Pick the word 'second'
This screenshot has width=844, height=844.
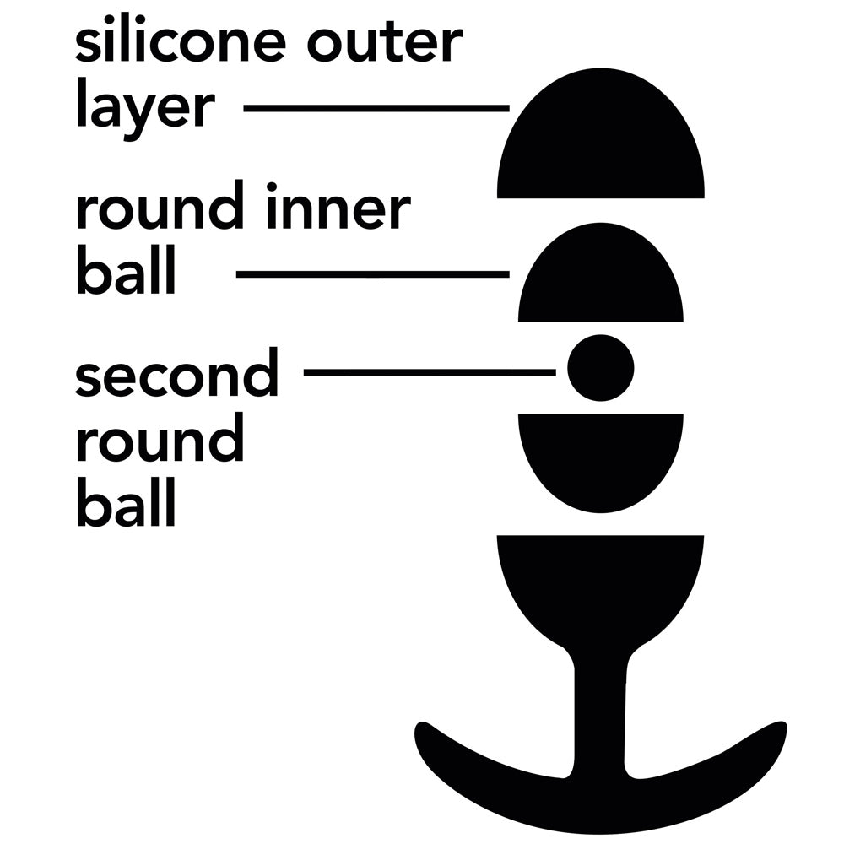pos(176,376)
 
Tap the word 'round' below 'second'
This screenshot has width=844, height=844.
pos(160,441)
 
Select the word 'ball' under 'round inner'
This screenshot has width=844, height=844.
pos(126,274)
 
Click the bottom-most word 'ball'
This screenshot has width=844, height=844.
pos(126,506)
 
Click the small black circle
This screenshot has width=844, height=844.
pos(600,368)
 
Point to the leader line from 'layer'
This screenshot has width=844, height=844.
pos(376,108)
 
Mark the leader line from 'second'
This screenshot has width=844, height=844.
pos(429,371)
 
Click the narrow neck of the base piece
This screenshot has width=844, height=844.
pos(600,709)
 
